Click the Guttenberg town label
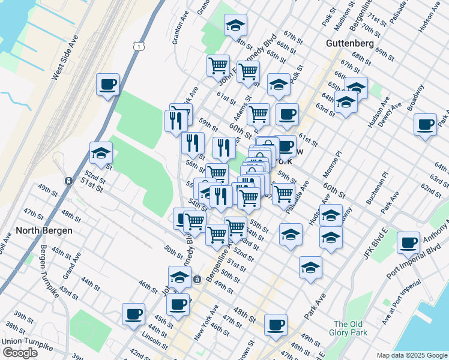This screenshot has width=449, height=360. [x=351, y=43]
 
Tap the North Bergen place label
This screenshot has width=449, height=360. [x=44, y=230]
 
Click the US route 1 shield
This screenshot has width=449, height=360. [x=139, y=46]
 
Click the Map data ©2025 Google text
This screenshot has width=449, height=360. [x=412, y=355]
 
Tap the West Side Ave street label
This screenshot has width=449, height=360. [x=65, y=58]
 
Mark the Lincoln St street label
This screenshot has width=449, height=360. [x=154, y=341]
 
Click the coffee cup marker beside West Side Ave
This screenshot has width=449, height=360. [x=107, y=85]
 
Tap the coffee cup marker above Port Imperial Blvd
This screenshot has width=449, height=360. [x=408, y=242]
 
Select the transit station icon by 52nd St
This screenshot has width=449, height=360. [x=69, y=181]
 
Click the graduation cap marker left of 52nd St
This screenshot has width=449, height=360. [x=101, y=154]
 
